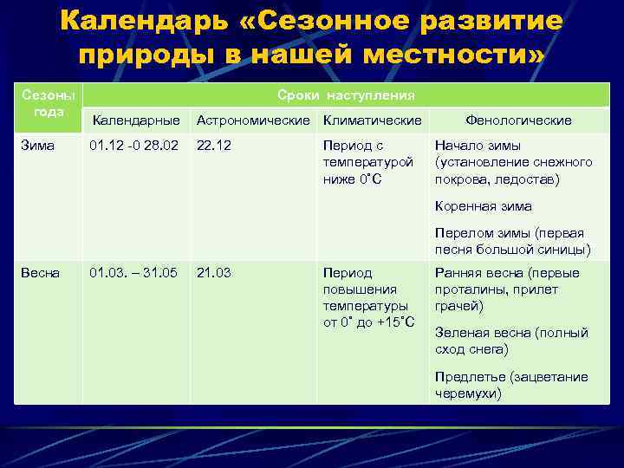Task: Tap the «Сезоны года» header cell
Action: [49, 103]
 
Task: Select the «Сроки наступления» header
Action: [346, 94]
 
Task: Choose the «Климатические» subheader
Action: [372, 120]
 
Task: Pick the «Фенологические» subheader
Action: [518, 120]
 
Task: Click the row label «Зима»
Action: [36, 146]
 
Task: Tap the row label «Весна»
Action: [40, 272]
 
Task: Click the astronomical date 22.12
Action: [213, 146]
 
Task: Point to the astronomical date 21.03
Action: [213, 272]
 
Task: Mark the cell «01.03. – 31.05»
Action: [133, 272]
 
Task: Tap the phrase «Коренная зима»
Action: [483, 206]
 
